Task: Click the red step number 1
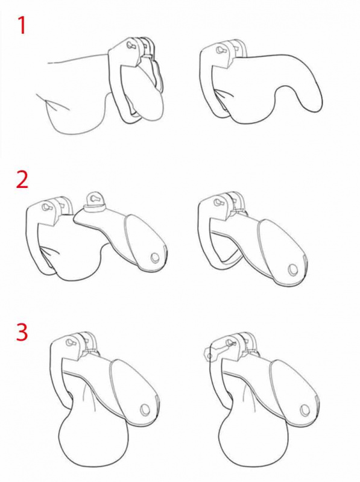pos(22,25)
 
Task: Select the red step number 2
pos(22,180)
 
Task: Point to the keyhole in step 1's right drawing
pos(219,50)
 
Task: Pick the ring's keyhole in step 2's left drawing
pos(47,206)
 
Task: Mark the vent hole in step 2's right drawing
pos(292,270)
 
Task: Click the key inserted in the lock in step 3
pos(221,349)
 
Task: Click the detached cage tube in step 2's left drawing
pos(123,237)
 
